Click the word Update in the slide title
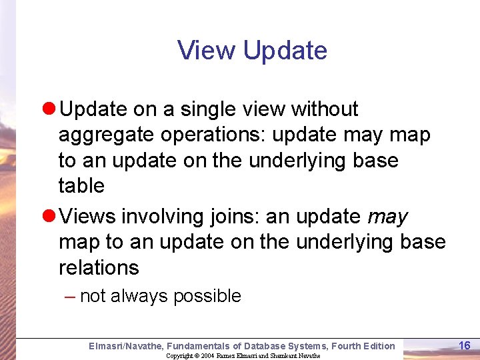[x=285, y=51]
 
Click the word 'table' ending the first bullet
[x=81, y=186]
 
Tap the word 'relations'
[x=99, y=268]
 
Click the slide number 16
[x=465, y=345]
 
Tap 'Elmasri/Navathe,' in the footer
[x=126, y=346]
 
